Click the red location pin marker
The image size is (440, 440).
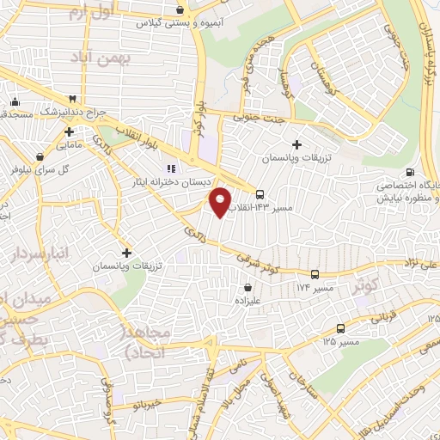[221, 201]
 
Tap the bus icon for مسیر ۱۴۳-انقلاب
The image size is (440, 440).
[260, 193]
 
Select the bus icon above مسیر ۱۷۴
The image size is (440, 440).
[315, 274]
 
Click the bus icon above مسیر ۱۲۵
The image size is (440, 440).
[341, 328]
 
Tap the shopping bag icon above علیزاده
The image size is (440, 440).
[248, 288]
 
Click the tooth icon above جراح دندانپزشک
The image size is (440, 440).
[72, 100]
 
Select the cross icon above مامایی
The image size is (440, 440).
[68, 132]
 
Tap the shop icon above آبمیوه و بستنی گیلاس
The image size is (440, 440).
[179, 10]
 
